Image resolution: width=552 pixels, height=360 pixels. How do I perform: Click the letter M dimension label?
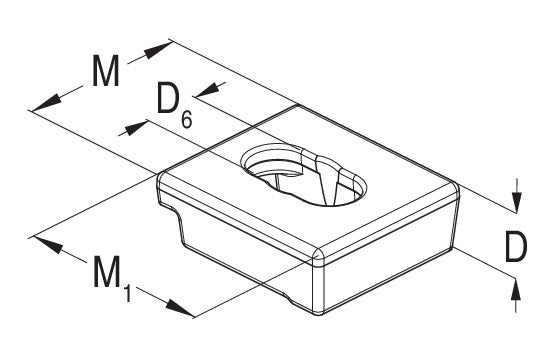pos(106,70)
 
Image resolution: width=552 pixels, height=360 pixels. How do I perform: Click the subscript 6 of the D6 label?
pos(187,119)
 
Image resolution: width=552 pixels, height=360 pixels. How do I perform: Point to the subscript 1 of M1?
pos(127,293)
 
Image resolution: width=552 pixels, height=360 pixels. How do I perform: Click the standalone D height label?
pos(516,246)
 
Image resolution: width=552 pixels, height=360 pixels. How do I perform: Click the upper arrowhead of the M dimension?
pos(157,50)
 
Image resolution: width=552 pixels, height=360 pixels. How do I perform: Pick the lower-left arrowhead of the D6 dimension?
pos(134,128)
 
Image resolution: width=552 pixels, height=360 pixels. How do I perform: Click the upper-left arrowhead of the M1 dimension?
pos(49,245)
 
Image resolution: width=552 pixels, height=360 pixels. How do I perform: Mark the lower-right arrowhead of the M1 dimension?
pos(180,308)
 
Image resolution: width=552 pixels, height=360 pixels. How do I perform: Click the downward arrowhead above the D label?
pos(516,202)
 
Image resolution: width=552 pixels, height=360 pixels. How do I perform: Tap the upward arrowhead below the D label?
pos(516,289)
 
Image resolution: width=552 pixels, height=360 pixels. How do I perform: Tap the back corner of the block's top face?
pos(297,105)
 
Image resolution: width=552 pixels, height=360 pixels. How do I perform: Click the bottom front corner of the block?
pos(319,313)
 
